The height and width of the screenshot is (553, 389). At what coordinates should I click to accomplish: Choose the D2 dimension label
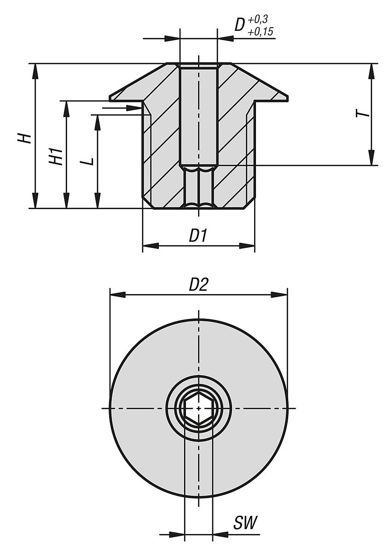(199, 285)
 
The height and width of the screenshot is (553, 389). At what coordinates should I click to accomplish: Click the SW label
(244, 524)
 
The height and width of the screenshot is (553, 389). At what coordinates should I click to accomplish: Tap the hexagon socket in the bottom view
(198, 408)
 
